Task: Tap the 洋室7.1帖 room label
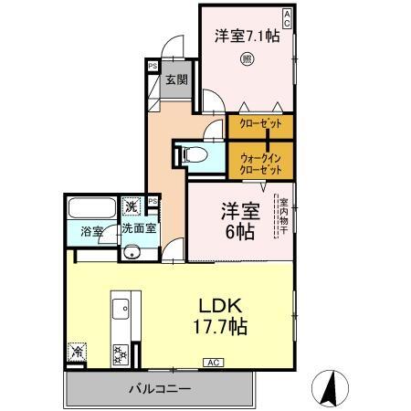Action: (246, 37)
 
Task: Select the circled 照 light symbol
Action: (246, 61)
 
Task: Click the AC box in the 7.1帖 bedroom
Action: (287, 15)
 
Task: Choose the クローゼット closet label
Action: (260, 123)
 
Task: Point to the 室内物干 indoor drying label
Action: (283, 218)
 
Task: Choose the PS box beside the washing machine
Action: (153, 201)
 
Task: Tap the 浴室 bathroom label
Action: (90, 232)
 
